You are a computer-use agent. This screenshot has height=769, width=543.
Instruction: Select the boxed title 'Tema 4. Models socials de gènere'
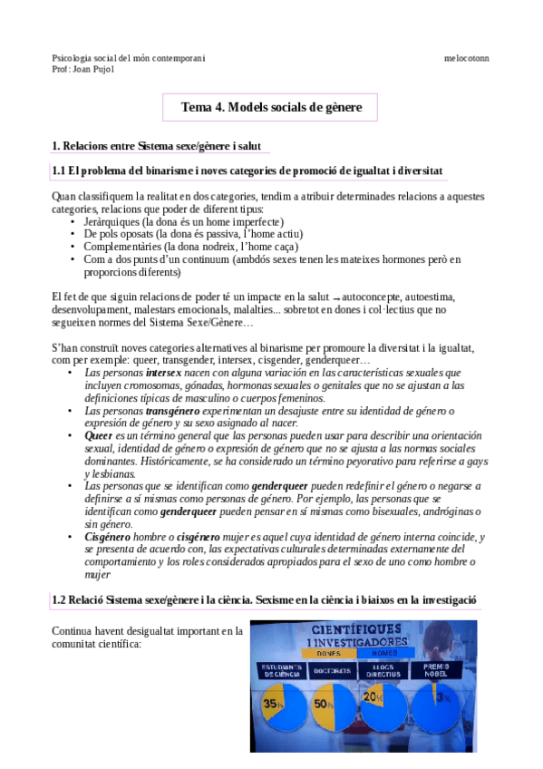pos(271,107)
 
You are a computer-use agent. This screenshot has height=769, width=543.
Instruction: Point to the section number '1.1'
pos(60,171)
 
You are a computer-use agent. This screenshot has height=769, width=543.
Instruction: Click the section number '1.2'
pos(60,601)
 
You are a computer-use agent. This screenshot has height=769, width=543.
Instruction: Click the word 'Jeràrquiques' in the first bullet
pos(113,221)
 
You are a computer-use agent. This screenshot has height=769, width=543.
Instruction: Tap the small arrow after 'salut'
pos(336,297)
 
